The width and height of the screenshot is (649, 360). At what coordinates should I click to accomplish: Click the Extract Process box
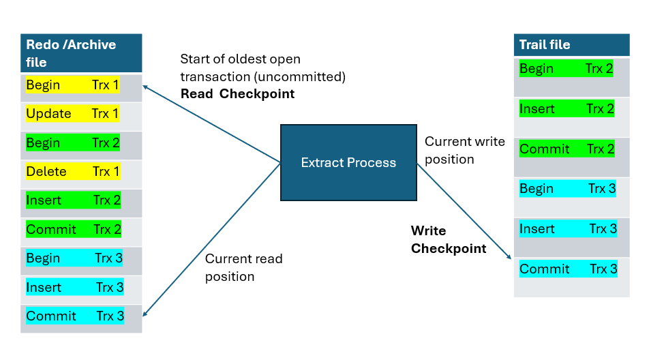pos(348,162)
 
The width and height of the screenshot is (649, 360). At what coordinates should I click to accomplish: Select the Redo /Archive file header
pos(81,53)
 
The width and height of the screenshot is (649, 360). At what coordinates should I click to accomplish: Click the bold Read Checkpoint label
pos(237,94)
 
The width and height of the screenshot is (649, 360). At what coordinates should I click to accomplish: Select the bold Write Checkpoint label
pos(448,240)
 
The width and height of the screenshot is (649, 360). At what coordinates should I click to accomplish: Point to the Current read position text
pos(243,267)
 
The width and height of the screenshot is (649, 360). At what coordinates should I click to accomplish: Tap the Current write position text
pos(464,150)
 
